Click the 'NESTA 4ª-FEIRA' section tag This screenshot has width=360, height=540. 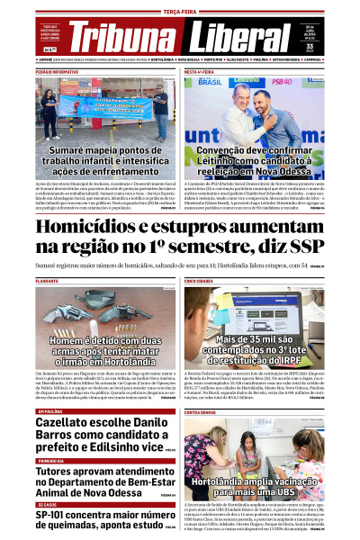199,70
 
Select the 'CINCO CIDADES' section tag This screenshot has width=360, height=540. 200,282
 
